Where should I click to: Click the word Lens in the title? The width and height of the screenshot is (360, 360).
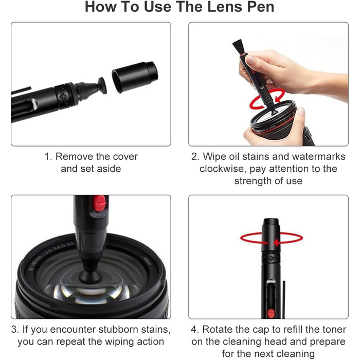coord(225,7)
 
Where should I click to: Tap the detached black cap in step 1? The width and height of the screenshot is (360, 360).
coord(135,77)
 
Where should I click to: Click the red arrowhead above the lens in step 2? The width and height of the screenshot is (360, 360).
coord(279,98)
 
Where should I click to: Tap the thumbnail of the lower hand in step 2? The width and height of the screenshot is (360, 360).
coord(301,112)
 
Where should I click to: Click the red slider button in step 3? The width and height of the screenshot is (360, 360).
coord(99,203)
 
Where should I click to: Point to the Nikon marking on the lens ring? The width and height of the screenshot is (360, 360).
coord(147,261)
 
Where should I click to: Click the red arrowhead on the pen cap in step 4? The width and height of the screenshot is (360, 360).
coord(277,242)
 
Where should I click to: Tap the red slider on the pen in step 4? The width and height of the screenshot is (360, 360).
coord(271,313)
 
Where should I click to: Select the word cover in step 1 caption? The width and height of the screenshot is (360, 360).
coord(125,156)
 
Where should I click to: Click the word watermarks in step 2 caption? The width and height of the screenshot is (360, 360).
coord(318,156)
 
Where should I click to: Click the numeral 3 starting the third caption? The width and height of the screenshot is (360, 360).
coord(14,330)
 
